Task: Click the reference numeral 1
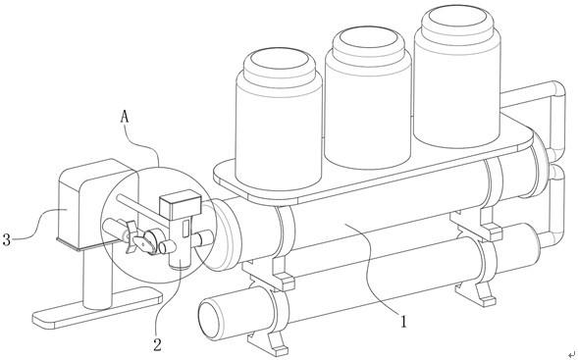[x=404, y=322]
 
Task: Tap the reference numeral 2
[x=158, y=344]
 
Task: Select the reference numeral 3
[x=6, y=239]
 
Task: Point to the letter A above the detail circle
[x=125, y=117]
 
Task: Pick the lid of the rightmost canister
[x=457, y=21]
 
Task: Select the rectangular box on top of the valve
[x=181, y=204]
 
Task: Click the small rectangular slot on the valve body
[x=186, y=228]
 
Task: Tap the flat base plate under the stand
[x=98, y=308]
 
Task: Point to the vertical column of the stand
[x=97, y=279]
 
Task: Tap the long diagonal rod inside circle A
[x=142, y=208]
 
